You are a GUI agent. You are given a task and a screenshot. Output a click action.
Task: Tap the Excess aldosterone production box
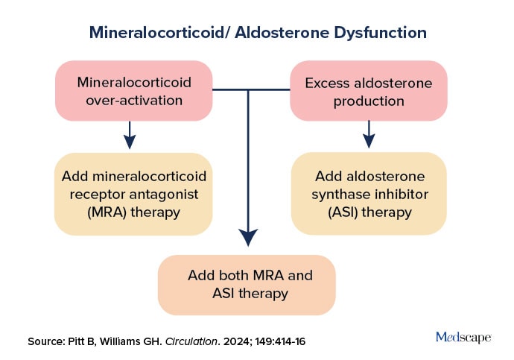368,92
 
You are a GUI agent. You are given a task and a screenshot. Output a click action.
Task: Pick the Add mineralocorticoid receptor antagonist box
132,194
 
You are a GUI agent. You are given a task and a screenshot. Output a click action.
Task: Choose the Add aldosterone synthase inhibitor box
369,194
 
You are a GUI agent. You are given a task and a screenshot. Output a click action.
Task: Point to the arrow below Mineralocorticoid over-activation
130,134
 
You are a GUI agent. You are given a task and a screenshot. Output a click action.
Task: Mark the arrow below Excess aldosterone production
368,134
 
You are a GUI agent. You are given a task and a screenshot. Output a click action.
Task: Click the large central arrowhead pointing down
248,237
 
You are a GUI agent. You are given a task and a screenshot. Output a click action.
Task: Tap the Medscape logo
463,338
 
